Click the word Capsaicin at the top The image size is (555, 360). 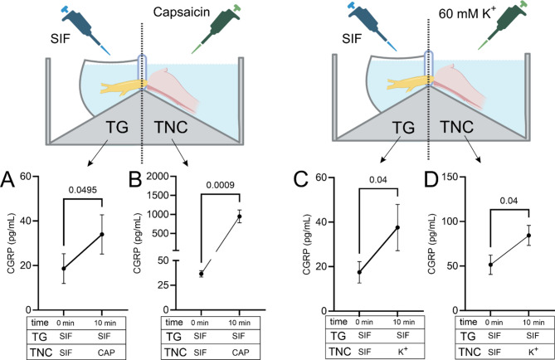[174, 12]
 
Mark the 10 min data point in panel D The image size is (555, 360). [528, 236]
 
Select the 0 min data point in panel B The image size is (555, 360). [200, 274]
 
